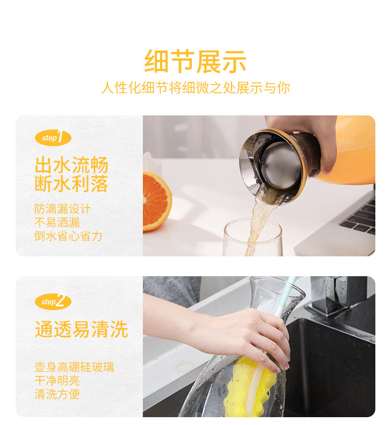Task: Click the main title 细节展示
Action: (x=195, y=62)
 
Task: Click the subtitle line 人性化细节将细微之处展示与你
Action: (x=195, y=88)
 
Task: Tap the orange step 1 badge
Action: (x=53, y=138)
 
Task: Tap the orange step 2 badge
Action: (x=53, y=302)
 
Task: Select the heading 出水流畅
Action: (x=71, y=166)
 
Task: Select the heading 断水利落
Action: (x=71, y=184)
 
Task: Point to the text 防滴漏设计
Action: (x=63, y=209)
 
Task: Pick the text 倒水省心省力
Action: (x=68, y=236)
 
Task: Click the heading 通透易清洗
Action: (x=81, y=329)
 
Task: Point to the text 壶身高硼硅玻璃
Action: (x=74, y=368)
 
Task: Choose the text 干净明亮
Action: (x=57, y=381)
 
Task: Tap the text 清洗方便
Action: (x=57, y=394)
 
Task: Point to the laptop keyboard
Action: (x=361, y=217)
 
